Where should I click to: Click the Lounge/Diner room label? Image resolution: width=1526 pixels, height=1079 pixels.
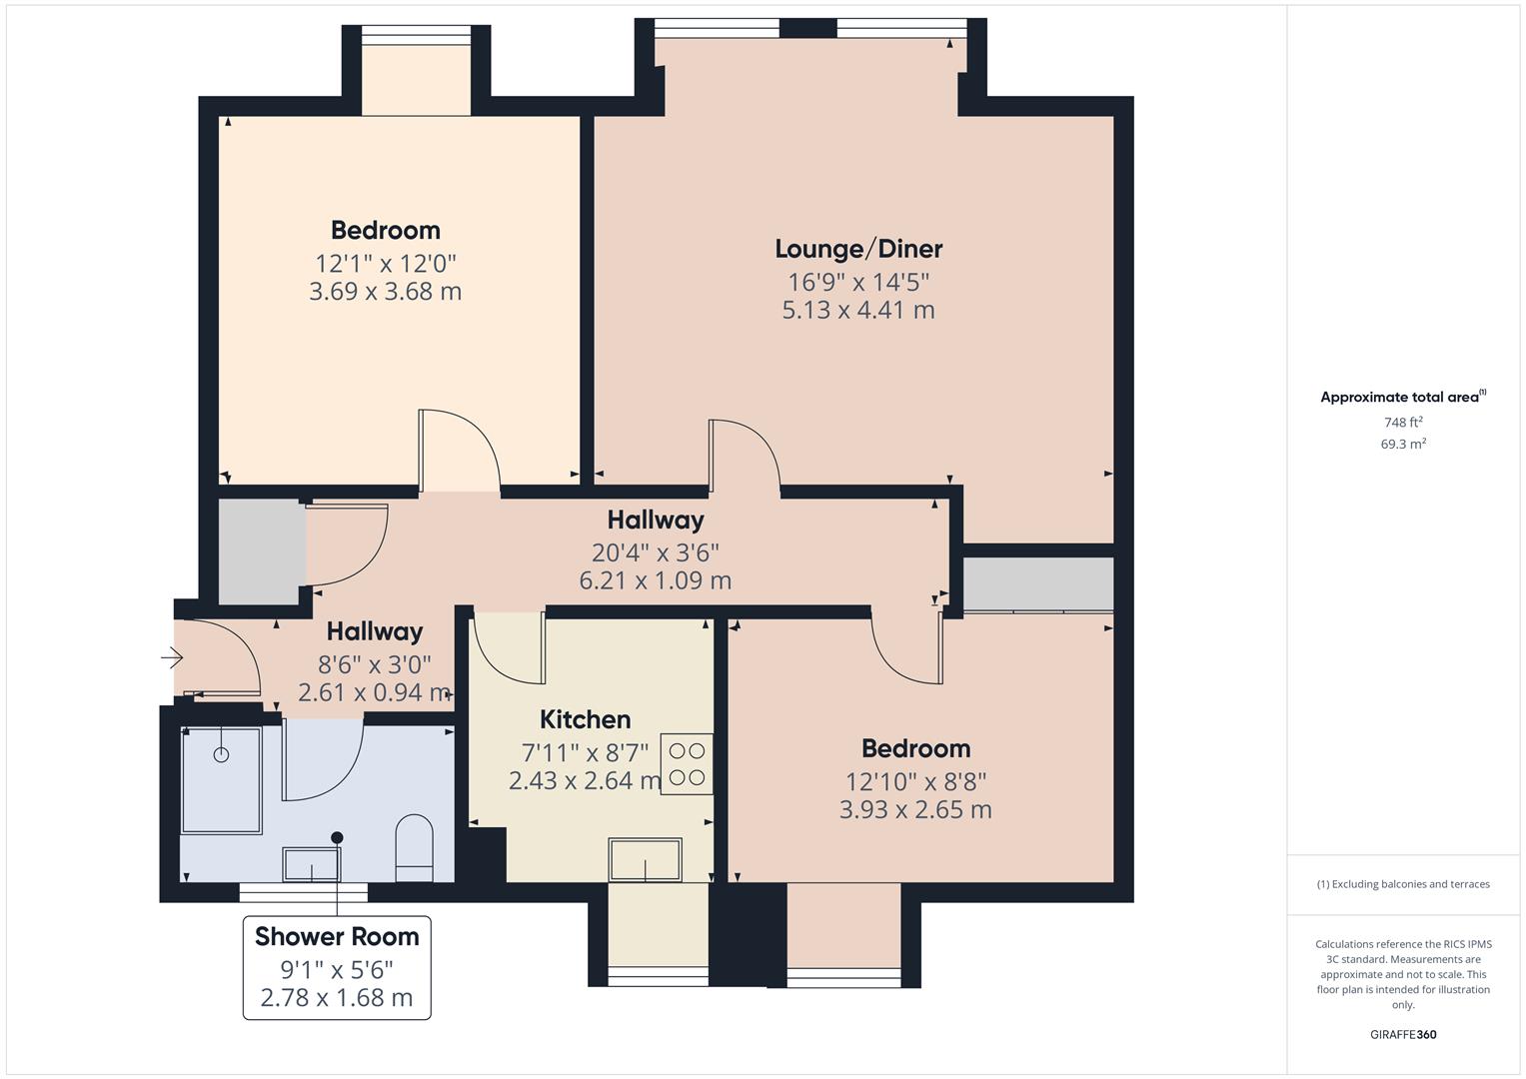(858, 250)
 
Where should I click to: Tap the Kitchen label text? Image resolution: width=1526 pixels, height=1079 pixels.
(586, 719)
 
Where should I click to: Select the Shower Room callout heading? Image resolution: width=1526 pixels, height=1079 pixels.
(337, 937)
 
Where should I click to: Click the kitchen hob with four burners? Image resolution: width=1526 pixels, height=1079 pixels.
(687, 763)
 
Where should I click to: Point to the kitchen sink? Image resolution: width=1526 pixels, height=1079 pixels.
(645, 859)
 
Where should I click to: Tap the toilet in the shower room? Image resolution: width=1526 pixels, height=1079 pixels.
(414, 848)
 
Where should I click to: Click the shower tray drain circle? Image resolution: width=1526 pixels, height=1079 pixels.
(221, 754)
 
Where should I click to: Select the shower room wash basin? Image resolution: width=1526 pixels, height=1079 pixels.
(312, 864)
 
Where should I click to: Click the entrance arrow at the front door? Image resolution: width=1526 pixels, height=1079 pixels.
(172, 658)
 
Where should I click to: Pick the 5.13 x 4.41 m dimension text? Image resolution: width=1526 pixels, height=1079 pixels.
(858, 311)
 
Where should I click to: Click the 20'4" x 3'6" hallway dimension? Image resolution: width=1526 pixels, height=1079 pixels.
(656, 552)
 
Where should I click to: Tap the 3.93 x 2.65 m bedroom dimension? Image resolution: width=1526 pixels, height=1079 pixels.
(915, 810)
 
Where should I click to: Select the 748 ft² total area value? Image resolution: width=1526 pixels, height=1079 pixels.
(1403, 423)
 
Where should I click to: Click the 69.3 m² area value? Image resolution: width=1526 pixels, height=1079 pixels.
(1403, 445)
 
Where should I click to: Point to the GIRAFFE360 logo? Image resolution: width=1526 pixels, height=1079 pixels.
(1403, 1035)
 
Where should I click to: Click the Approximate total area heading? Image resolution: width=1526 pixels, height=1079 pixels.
(1403, 397)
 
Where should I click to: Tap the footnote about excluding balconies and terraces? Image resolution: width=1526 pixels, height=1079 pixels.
(1403, 884)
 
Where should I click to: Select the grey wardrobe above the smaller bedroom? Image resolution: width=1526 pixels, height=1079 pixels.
(1038, 584)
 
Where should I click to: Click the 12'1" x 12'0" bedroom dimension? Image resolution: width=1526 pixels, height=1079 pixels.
(386, 264)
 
